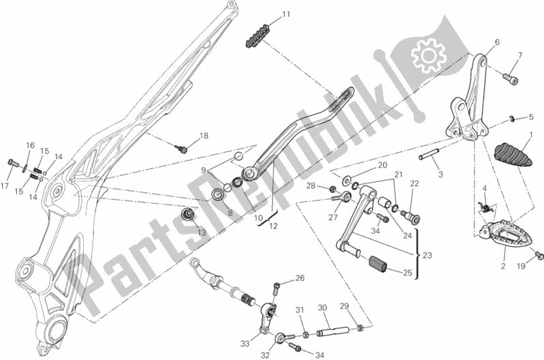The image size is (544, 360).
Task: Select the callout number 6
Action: coord(496,42)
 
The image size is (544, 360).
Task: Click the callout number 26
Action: coord(300,279)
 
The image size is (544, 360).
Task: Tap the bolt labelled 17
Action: coord(12,163)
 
